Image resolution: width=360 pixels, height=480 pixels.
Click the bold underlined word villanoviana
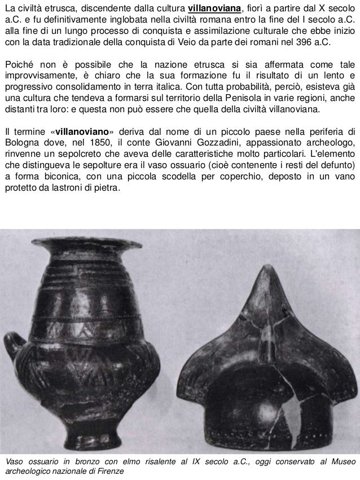(x=214, y=7)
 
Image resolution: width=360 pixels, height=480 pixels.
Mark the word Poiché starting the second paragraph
(x=19, y=67)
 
